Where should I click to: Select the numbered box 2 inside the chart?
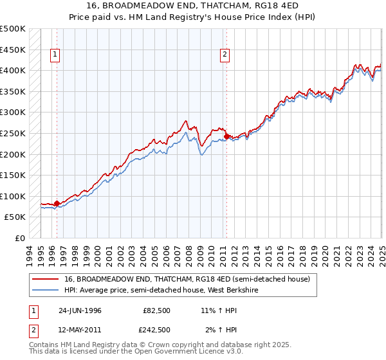pos(225,55)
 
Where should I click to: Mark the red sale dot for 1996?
pos(57,204)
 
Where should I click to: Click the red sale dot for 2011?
pos(226,136)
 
